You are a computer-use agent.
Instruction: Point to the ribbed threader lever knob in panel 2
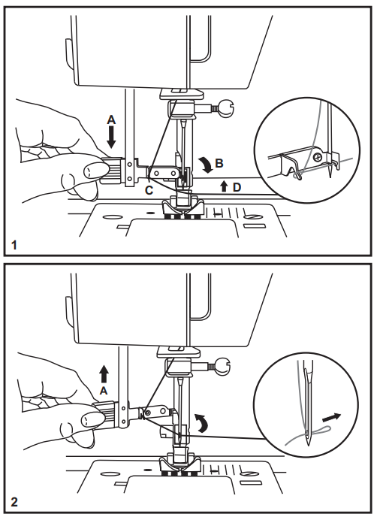(x=103, y=412)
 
